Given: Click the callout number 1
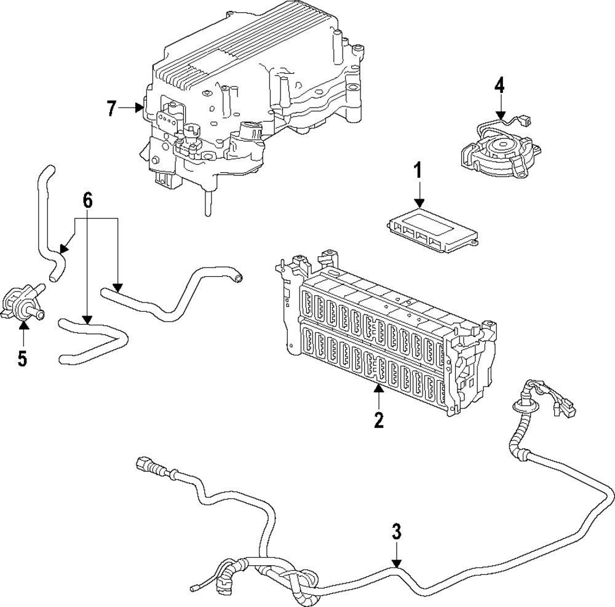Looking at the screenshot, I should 418,170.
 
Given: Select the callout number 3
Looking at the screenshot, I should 397,531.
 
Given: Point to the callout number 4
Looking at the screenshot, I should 499,84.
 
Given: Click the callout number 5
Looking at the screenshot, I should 23,359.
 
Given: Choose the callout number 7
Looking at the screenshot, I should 111,109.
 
